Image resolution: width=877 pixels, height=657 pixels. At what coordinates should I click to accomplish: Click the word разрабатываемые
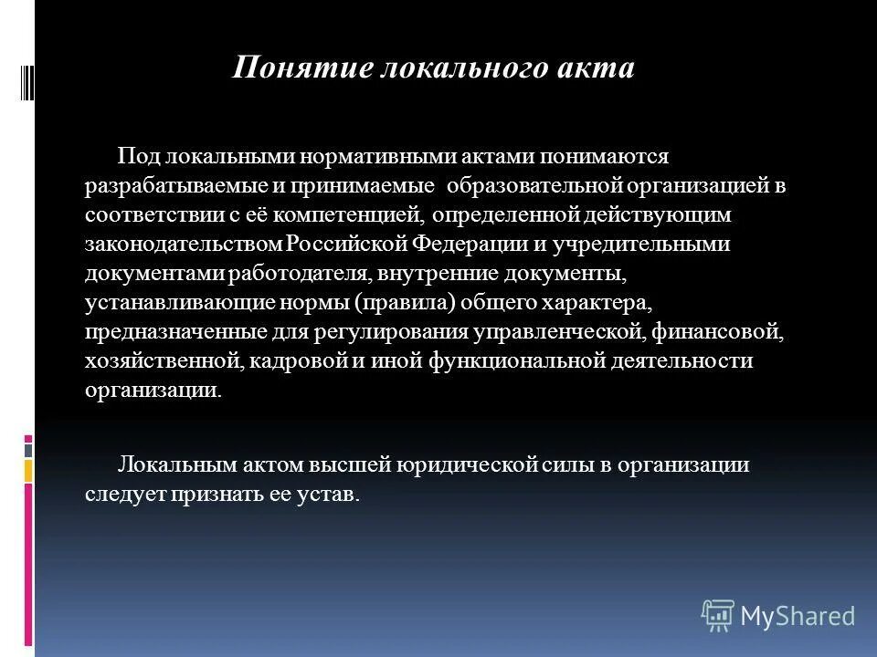[177, 187]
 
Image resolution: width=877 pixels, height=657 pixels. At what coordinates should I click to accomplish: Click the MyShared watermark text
[798, 616]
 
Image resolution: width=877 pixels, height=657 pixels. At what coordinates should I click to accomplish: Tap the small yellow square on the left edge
[28, 470]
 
